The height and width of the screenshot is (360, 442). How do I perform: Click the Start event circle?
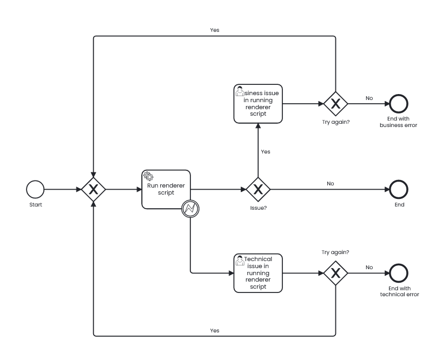pos(35,189)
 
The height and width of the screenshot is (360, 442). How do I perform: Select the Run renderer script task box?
pos(166,189)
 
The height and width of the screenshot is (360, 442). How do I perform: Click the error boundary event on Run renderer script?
pos(190,208)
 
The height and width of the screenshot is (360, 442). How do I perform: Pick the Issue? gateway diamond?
pos(258,189)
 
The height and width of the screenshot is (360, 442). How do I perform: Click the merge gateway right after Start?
pos(94,189)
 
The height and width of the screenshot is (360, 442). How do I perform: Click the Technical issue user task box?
pos(258,273)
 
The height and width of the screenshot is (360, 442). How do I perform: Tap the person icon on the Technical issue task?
pos(240,260)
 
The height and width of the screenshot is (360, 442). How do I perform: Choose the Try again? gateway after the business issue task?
pos(335,103)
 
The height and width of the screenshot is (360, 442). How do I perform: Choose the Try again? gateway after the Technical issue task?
pos(335,273)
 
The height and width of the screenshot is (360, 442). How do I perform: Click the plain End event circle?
pos(399,189)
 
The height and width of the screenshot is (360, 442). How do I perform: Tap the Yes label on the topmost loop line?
pos(214,30)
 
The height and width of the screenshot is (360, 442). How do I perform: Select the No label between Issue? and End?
pos(330,183)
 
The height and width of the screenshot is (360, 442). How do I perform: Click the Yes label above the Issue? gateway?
pos(265,151)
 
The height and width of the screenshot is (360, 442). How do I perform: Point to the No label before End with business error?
pos(369,98)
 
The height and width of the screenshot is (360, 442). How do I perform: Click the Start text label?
pos(35,205)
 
